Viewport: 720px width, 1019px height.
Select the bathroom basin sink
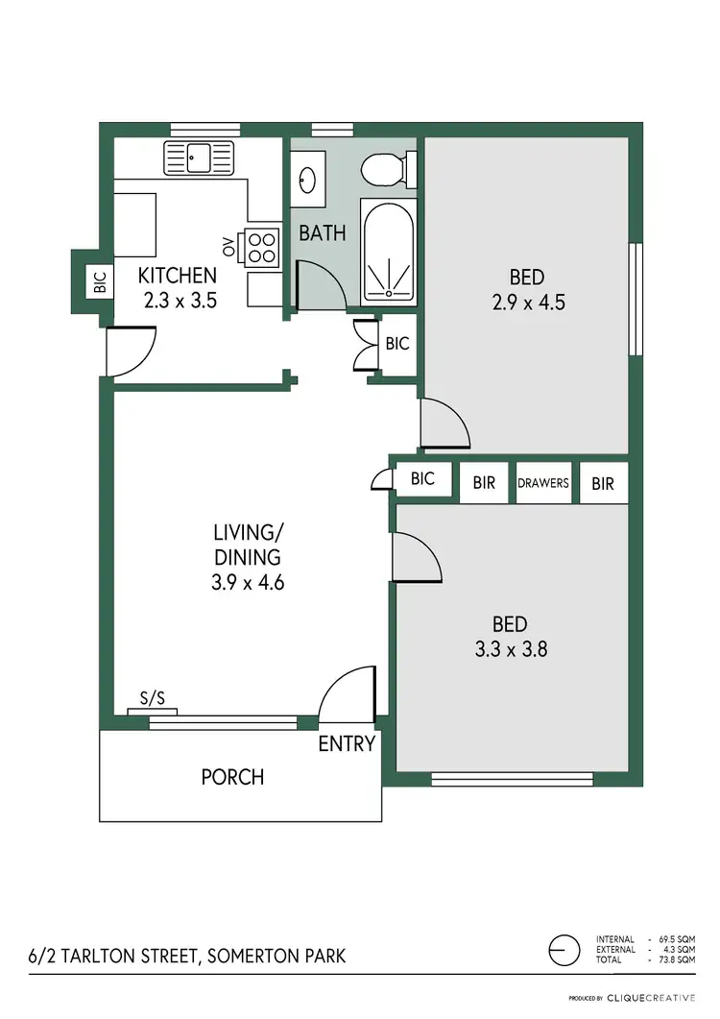309,181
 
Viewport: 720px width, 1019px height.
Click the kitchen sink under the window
199,157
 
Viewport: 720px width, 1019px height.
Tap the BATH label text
322,232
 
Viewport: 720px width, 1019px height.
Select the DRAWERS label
543,483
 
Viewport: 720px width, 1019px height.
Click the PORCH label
232,776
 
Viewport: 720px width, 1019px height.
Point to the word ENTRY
347,743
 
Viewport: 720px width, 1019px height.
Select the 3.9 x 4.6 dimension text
249,582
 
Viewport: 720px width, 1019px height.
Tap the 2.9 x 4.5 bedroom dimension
527,302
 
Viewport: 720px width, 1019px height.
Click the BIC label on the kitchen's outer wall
100,281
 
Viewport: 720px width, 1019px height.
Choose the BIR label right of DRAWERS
603,483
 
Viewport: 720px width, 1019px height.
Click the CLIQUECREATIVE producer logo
648,998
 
